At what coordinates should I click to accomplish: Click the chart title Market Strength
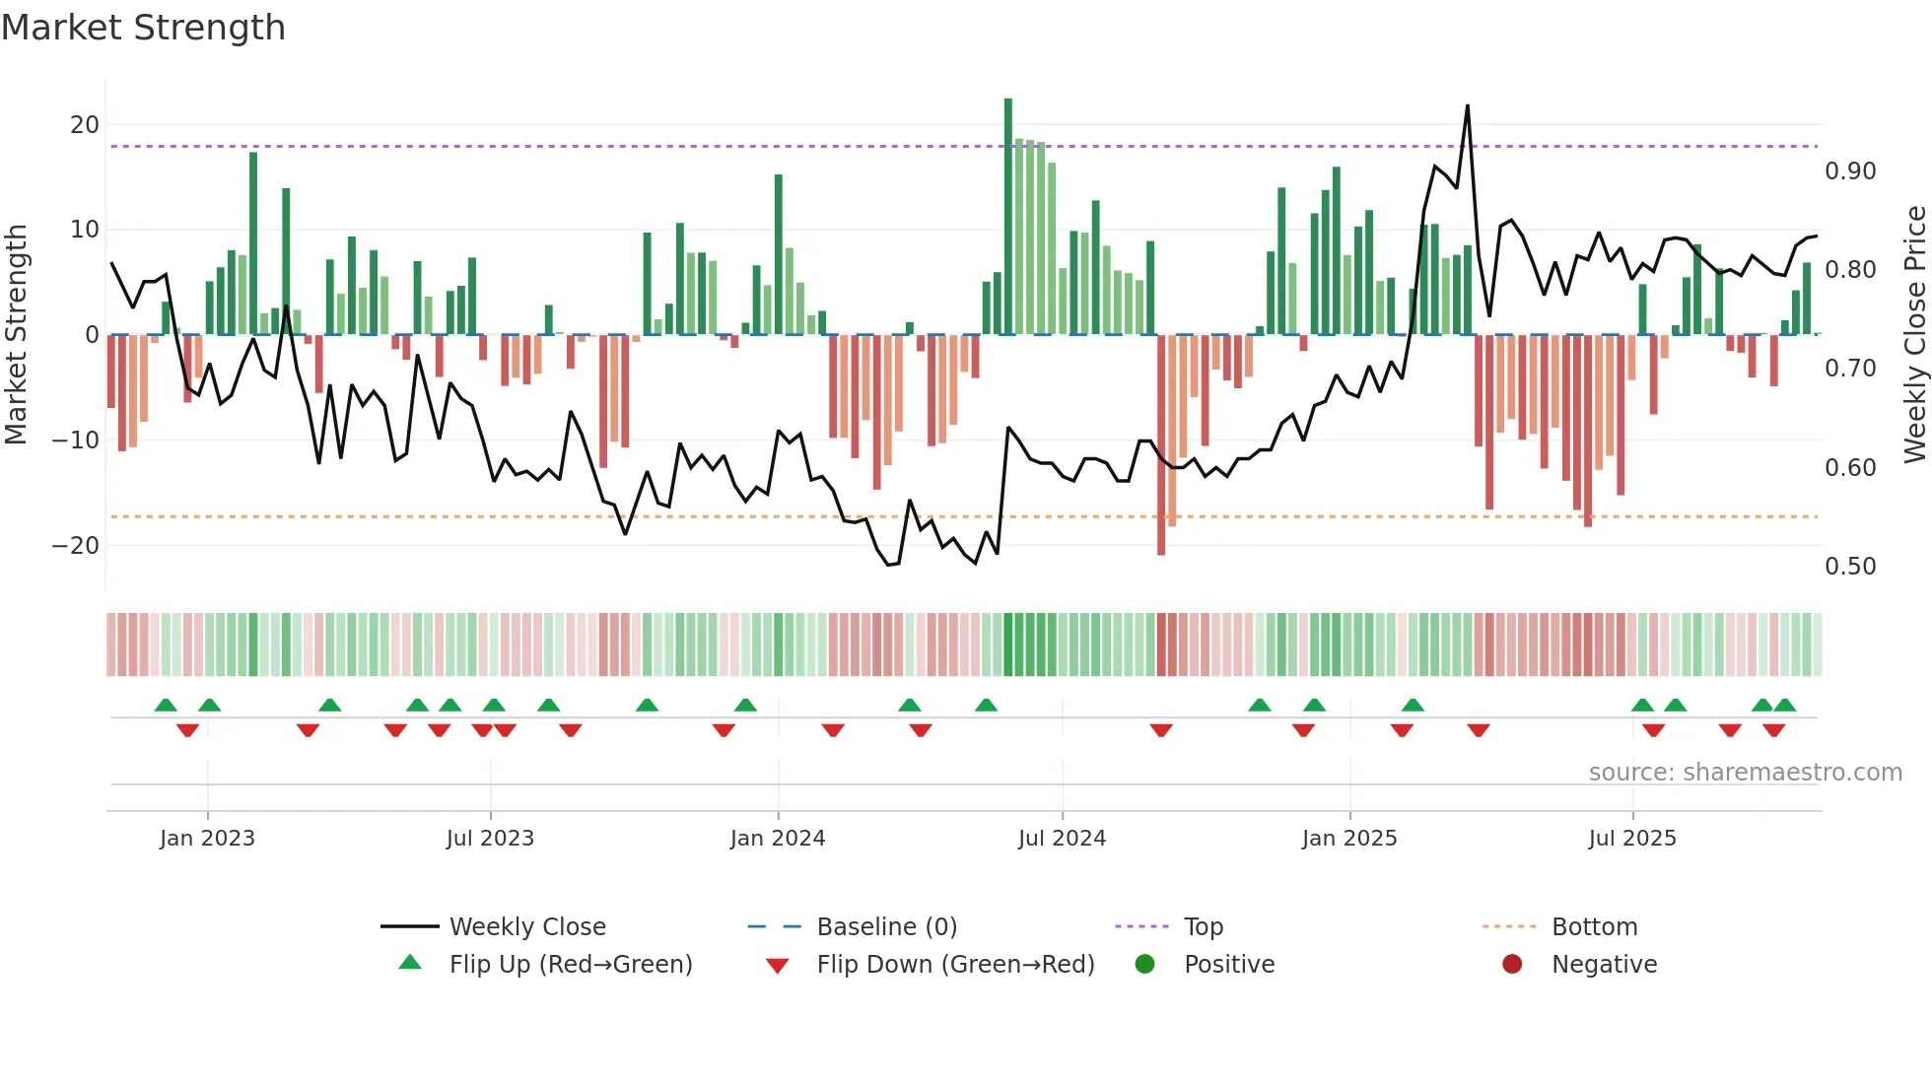(143, 28)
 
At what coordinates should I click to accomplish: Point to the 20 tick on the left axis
(85, 125)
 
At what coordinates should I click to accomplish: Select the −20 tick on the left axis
(76, 545)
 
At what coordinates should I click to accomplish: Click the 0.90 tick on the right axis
(1850, 171)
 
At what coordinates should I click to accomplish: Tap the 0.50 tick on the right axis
(1850, 567)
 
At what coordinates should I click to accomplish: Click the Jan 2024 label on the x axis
(778, 839)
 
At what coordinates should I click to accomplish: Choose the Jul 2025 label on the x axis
(1632, 839)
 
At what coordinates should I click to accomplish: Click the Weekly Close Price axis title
(1914, 335)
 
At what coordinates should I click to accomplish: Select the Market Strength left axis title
(16, 335)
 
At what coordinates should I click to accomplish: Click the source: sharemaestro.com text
(1745, 773)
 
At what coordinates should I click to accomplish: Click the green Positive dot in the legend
(1144, 965)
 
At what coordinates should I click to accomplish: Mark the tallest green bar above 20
(1008, 101)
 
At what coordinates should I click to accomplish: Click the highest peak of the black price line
(1468, 106)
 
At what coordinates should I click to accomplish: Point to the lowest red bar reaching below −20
(1161, 553)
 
